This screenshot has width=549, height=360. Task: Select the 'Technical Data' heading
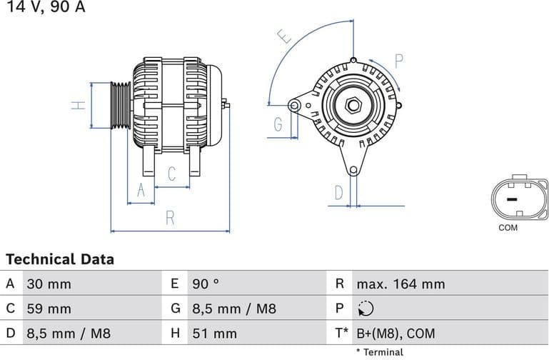[x=59, y=259]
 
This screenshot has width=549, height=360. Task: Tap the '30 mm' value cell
[x=49, y=284]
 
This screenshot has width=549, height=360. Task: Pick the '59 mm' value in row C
[x=49, y=309]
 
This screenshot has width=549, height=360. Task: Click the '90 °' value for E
[x=206, y=284]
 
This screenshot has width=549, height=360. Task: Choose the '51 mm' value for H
[x=214, y=334]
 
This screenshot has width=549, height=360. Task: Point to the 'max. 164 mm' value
[x=401, y=284]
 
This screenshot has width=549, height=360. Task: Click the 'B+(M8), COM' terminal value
[x=395, y=334]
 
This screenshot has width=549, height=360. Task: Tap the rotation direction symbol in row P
[x=365, y=309]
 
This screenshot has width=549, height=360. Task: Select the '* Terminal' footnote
[x=379, y=352]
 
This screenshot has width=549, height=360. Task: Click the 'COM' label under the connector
[x=508, y=228]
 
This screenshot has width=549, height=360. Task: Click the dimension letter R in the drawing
[x=170, y=219]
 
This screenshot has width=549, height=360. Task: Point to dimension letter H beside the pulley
[x=79, y=105]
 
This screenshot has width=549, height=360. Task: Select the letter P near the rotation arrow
[x=398, y=61]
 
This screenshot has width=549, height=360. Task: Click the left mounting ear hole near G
[x=293, y=106]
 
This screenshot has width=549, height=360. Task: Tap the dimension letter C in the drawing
[x=171, y=174]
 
